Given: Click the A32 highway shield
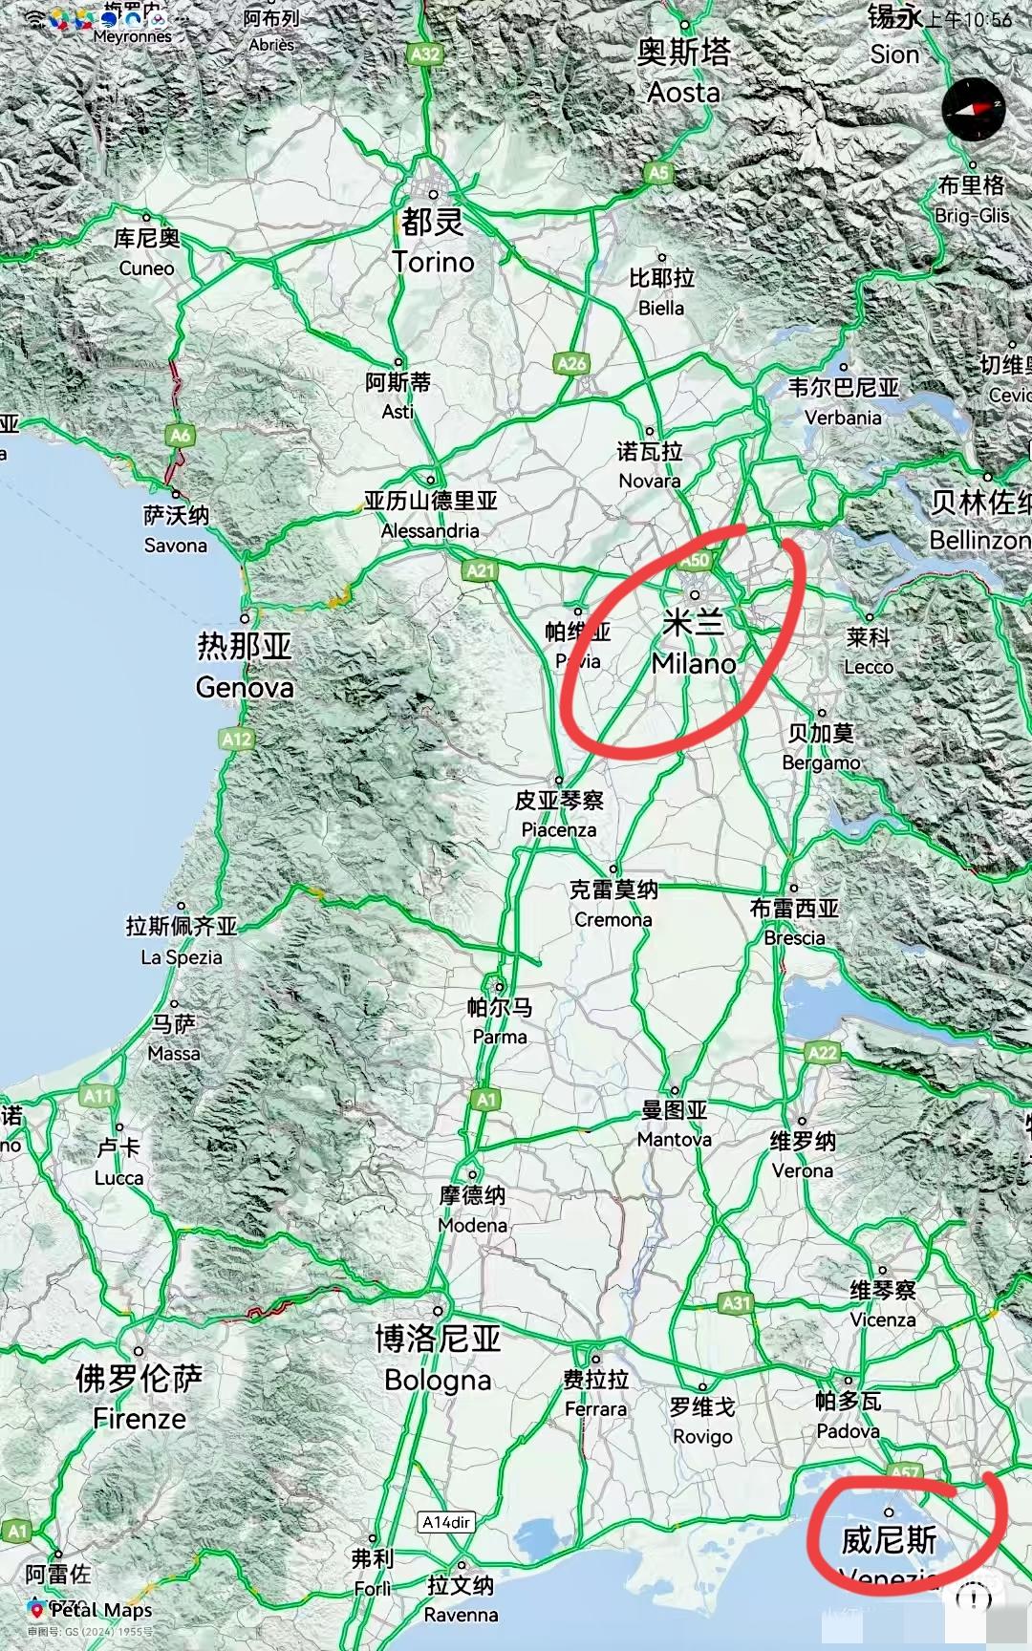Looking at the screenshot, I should (425, 54).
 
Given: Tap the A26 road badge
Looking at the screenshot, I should (570, 363).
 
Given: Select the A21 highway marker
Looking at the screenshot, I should (481, 570).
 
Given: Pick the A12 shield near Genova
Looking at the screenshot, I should (236, 739).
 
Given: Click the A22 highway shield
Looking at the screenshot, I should (822, 1052).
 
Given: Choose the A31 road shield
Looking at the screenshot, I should (736, 1302).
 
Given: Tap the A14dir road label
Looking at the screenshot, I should (447, 1522).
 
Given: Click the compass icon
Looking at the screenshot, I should (974, 109).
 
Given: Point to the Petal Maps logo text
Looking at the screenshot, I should (100, 1610).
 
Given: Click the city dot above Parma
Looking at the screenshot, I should (499, 987).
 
